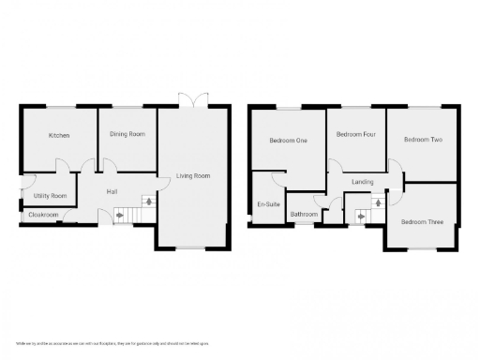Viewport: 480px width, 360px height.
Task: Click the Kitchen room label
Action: click(59, 136)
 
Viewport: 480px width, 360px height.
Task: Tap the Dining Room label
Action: click(127, 135)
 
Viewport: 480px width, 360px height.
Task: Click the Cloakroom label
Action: click(43, 215)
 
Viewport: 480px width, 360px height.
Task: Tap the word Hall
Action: click(112, 192)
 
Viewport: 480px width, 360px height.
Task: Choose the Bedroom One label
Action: click(288, 141)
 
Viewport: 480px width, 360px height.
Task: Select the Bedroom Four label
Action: click(356, 135)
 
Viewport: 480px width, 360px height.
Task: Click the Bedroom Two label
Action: click(423, 140)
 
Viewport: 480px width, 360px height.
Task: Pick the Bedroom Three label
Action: click(421, 222)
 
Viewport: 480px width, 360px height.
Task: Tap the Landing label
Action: click(362, 182)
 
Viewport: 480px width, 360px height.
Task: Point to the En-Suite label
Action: click(267, 204)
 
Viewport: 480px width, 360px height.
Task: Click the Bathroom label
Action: click(304, 215)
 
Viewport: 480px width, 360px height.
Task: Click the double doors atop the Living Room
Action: click(192, 100)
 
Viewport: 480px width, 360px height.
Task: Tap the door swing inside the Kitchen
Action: click(62, 166)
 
